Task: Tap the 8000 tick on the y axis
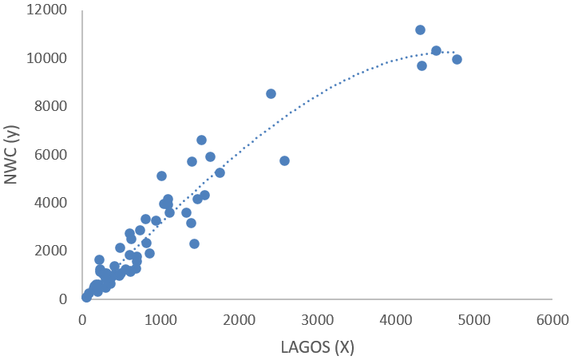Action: (55, 106)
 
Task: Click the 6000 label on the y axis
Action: (55, 155)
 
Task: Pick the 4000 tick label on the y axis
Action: (55, 203)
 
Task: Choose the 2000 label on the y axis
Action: (55, 251)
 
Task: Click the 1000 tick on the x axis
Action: (160, 318)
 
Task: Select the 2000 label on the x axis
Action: (239, 318)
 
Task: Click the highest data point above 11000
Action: (420, 30)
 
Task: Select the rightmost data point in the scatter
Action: (457, 59)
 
